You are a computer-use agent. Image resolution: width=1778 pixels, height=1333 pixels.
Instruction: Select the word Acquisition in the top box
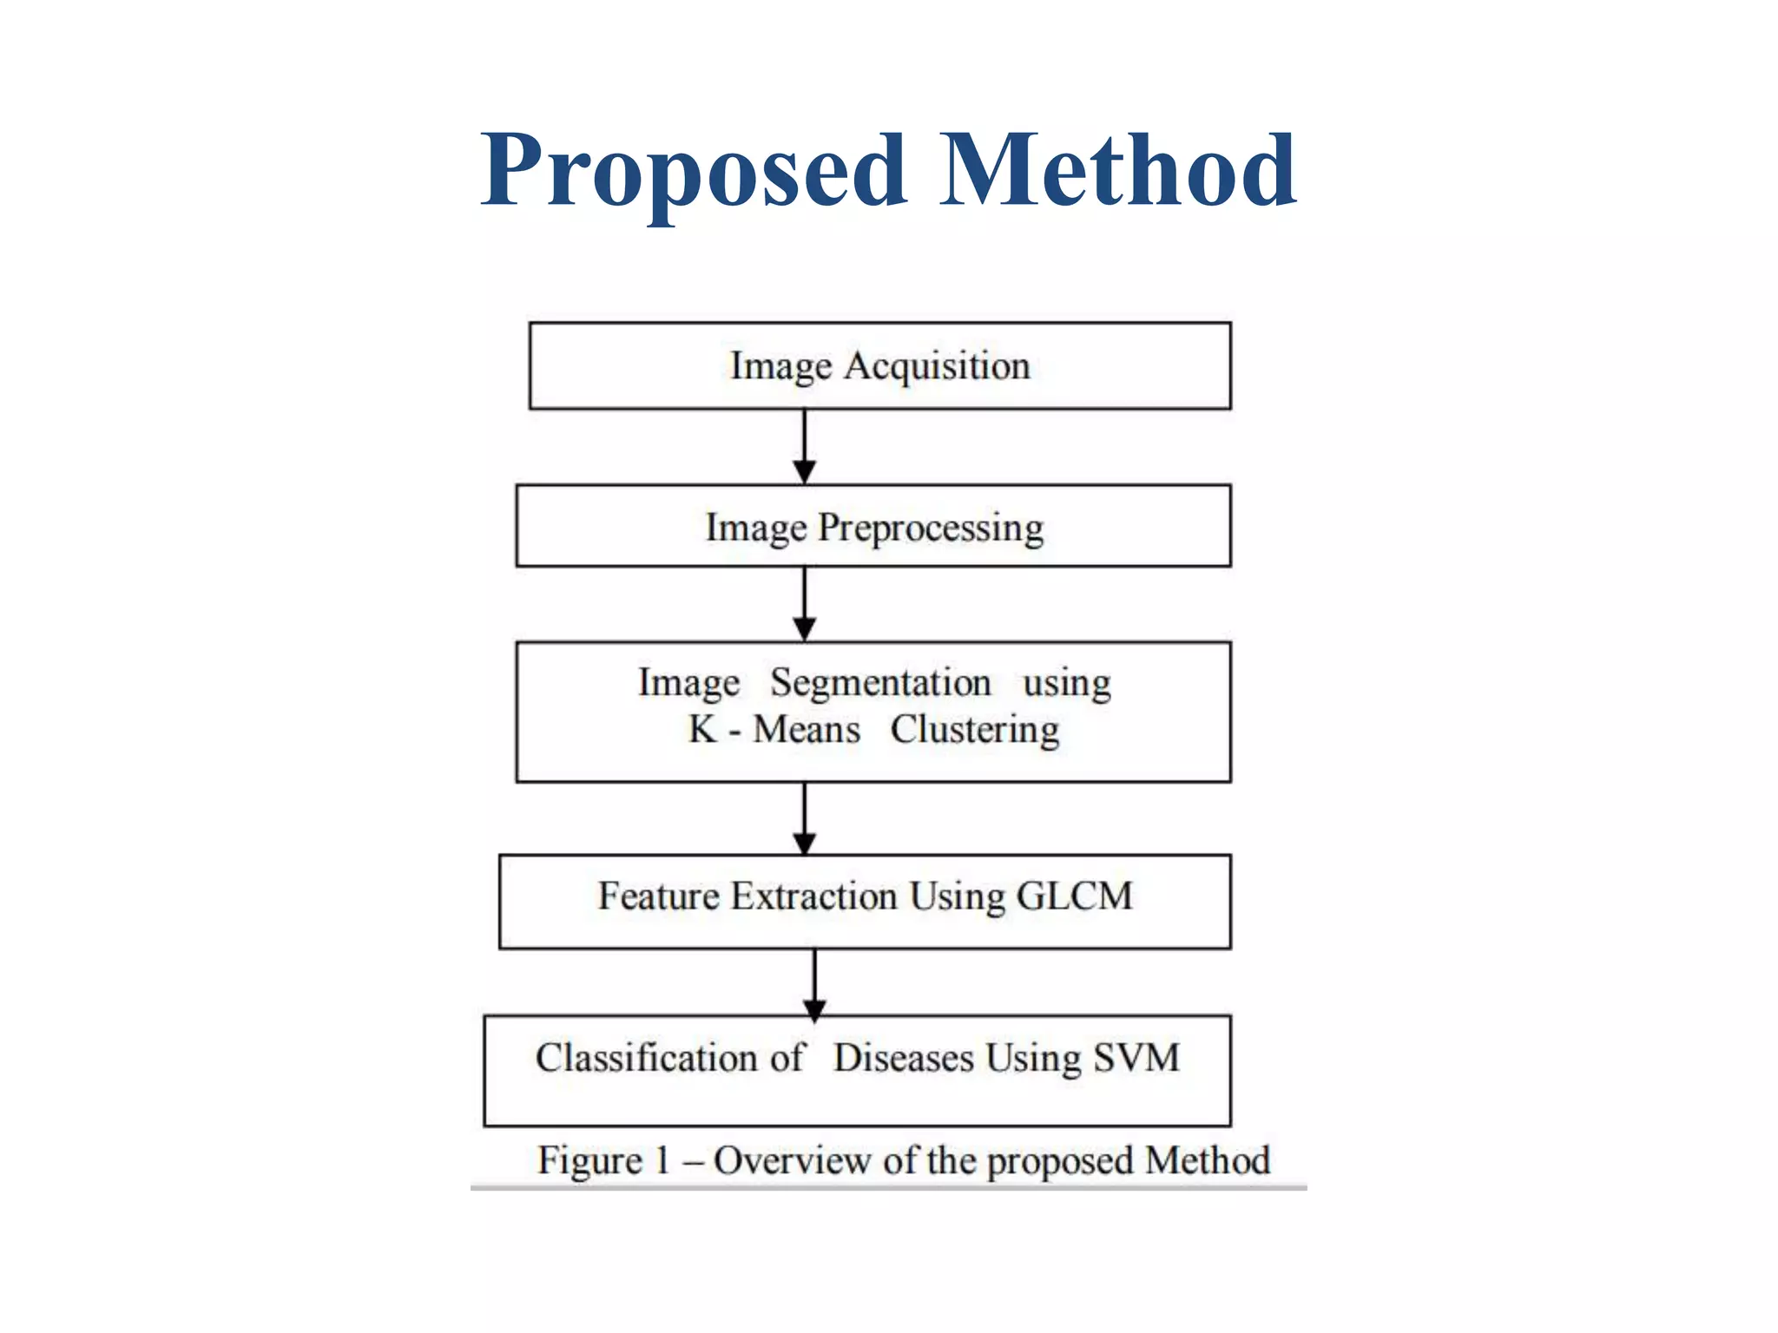click(x=937, y=365)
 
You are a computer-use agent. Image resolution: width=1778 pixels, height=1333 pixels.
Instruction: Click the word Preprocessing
click(x=931, y=528)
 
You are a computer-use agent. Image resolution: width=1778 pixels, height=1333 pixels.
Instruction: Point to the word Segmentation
click(x=880, y=682)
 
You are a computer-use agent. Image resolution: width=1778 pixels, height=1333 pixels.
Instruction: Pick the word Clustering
click(x=974, y=730)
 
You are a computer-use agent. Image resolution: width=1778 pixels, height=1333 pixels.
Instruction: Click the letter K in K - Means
click(x=702, y=729)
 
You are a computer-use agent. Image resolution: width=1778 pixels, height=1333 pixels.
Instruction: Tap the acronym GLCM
click(x=1074, y=896)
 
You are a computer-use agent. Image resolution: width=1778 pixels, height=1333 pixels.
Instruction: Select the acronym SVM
click(x=1136, y=1057)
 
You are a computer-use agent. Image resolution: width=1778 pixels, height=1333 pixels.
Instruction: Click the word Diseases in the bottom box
click(x=904, y=1058)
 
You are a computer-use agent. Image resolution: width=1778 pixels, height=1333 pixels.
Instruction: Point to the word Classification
click(x=647, y=1058)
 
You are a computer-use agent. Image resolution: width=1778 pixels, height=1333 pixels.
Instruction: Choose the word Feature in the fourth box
click(x=658, y=896)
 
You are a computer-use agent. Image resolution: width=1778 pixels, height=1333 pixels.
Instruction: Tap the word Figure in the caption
click(x=589, y=1161)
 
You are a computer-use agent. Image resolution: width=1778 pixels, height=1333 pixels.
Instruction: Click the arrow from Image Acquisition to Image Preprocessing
click(x=805, y=446)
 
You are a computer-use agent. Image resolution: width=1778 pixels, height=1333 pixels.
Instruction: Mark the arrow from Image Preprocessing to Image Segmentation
click(x=805, y=604)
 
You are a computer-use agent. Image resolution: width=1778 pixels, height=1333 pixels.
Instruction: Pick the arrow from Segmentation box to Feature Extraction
click(x=805, y=818)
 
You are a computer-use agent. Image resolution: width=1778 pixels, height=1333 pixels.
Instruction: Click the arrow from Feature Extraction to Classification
click(x=814, y=982)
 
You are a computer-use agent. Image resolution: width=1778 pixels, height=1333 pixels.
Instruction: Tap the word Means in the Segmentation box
click(x=807, y=729)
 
